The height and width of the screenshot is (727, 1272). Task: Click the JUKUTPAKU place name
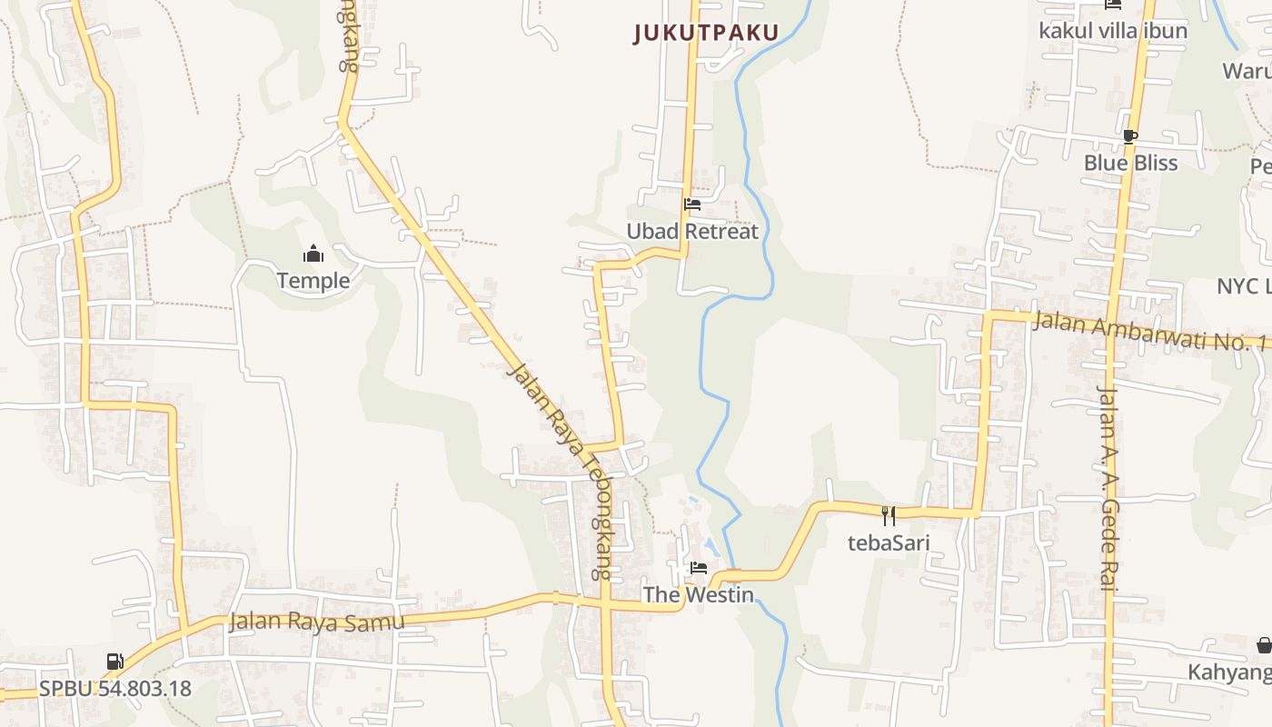(x=706, y=34)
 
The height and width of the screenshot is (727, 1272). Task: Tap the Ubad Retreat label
(x=692, y=231)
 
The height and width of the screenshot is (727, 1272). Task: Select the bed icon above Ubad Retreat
(x=692, y=204)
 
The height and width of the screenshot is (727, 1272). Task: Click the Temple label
(x=313, y=280)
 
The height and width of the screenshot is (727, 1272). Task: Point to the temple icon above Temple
(x=313, y=253)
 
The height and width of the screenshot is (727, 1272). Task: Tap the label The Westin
(x=699, y=594)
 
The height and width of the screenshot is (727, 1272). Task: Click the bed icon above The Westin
(x=699, y=568)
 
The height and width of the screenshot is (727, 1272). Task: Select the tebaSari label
(x=889, y=543)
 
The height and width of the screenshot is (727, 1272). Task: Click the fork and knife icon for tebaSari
(x=889, y=515)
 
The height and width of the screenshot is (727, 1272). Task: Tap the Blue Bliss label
(x=1130, y=163)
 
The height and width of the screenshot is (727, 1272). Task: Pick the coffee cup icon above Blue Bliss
(x=1130, y=136)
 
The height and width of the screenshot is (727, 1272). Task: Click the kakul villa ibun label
(x=1113, y=30)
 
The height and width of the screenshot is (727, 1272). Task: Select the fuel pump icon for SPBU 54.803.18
(x=114, y=662)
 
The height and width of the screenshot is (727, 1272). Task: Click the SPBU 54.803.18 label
(x=114, y=688)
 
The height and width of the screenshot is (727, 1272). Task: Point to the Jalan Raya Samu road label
(x=316, y=622)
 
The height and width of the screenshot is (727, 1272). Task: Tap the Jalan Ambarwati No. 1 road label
(x=1150, y=331)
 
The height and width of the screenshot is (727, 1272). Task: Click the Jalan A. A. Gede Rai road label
(x=1107, y=488)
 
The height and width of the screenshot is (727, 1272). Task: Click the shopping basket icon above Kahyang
(x=1264, y=645)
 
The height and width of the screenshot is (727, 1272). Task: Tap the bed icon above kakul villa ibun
(x=1113, y=5)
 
